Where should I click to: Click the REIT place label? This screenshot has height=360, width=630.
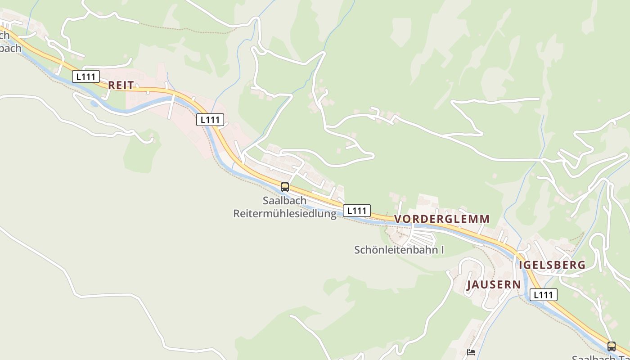pyautogui.click(x=121, y=85)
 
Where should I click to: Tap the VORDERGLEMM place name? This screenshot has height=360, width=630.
pyautogui.click(x=442, y=219)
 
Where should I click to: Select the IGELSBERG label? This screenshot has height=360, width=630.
pyautogui.click(x=553, y=265)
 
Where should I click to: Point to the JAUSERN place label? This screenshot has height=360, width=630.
pyautogui.click(x=494, y=285)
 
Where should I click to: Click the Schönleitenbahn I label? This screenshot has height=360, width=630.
pyautogui.click(x=399, y=250)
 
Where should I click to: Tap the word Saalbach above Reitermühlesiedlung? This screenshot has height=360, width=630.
pyautogui.click(x=284, y=201)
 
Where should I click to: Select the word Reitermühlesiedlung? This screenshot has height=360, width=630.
pyautogui.click(x=284, y=213)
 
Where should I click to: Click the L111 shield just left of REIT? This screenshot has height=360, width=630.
pyautogui.click(x=85, y=76)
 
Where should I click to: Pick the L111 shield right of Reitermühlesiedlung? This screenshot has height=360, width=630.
pyautogui.click(x=357, y=211)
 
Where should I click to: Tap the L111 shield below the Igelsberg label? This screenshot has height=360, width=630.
pyautogui.click(x=544, y=295)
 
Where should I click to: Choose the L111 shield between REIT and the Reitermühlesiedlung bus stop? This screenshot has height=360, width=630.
pyautogui.click(x=210, y=120)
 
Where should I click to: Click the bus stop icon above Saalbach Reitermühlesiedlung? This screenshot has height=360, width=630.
pyautogui.click(x=284, y=187)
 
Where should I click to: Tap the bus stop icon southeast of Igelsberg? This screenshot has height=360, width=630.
pyautogui.click(x=611, y=346)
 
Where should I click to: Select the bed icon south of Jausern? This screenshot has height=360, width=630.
pyautogui.click(x=471, y=352)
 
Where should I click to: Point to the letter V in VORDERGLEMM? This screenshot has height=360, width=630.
pyautogui.click(x=398, y=219)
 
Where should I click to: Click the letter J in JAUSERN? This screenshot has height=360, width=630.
pyautogui.click(x=469, y=285)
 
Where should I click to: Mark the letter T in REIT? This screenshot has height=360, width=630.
pyautogui.click(x=131, y=85)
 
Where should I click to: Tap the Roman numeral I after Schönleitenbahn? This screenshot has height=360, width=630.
pyautogui.click(x=442, y=250)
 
